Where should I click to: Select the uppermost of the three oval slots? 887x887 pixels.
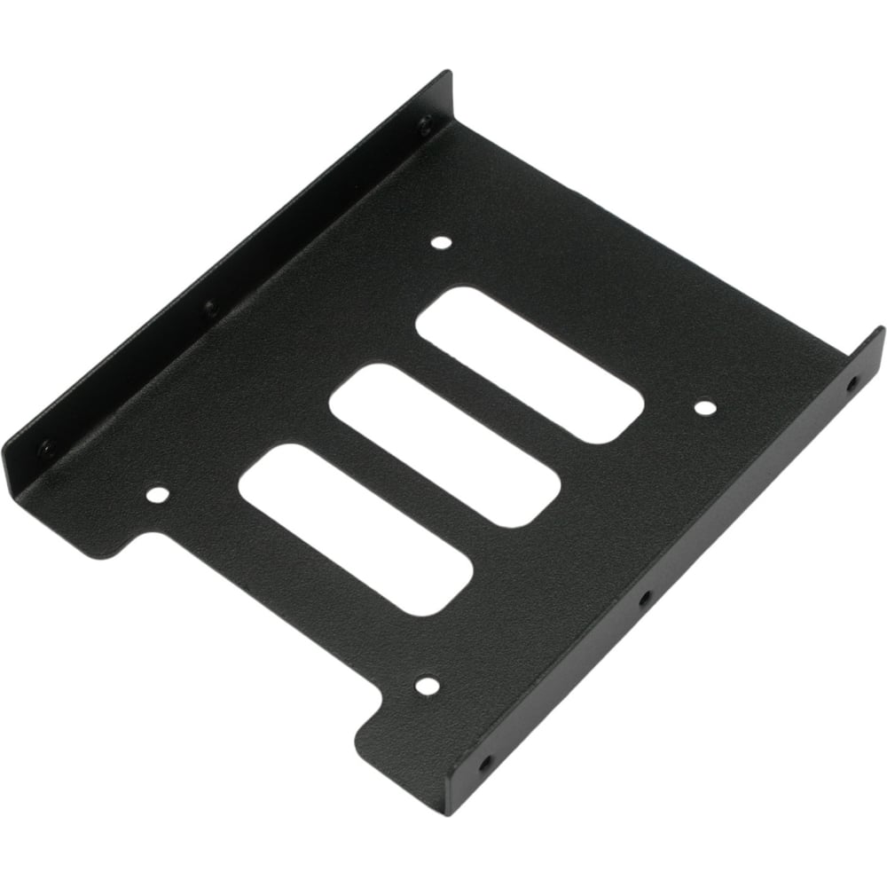click(x=530, y=364)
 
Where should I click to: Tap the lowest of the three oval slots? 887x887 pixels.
click(x=355, y=529)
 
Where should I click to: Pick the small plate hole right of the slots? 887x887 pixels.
click(x=704, y=408)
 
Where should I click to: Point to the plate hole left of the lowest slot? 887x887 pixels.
click(x=157, y=493)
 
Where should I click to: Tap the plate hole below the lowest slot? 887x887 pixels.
click(x=427, y=685)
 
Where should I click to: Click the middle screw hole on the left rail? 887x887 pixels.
click(x=210, y=309)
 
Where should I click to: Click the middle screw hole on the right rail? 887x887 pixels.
click(x=645, y=599)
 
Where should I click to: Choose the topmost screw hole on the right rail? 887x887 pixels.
click(x=852, y=385)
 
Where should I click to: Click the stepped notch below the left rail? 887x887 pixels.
click(x=133, y=541)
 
